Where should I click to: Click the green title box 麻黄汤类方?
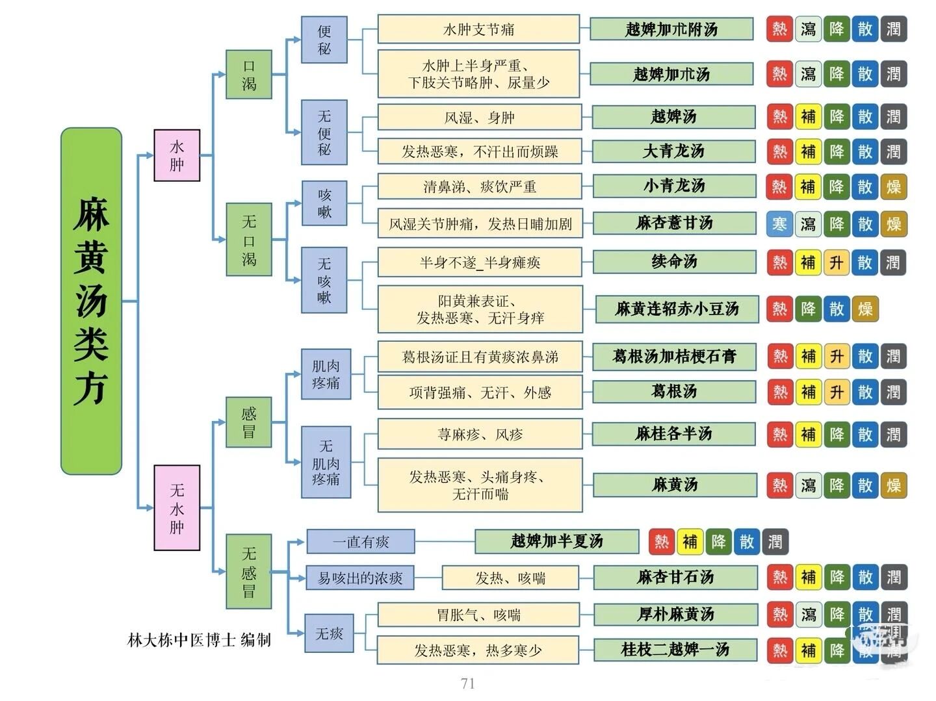click(x=91, y=301)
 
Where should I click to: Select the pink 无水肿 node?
click(x=177, y=507)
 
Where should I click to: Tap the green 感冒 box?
click(x=248, y=422)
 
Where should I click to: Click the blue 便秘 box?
click(x=324, y=40)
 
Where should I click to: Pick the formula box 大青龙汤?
click(x=673, y=151)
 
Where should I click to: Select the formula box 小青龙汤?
click(x=674, y=186)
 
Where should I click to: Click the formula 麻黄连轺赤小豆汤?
click(x=677, y=309)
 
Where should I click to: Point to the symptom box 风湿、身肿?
click(x=479, y=118)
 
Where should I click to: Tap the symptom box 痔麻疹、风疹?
click(x=480, y=434)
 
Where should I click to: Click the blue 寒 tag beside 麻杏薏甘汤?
click(x=779, y=224)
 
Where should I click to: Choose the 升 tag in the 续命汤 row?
click(x=836, y=262)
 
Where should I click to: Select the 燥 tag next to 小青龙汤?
click(x=893, y=187)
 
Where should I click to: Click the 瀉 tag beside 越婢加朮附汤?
click(x=808, y=29)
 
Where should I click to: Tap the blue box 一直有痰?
click(x=361, y=541)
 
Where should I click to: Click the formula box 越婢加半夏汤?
click(x=556, y=541)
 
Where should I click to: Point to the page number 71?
click(x=467, y=683)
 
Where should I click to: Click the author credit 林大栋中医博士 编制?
click(x=199, y=640)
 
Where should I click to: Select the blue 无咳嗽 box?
click(x=324, y=280)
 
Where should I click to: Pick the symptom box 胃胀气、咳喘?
click(x=478, y=615)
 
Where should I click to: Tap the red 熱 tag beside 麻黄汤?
click(x=779, y=485)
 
